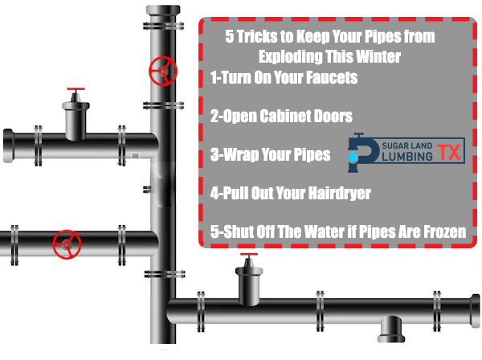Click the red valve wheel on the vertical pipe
pyautogui.click(x=161, y=72)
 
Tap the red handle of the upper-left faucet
pyautogui.click(x=76, y=89)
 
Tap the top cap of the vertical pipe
pyautogui.click(x=161, y=10)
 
